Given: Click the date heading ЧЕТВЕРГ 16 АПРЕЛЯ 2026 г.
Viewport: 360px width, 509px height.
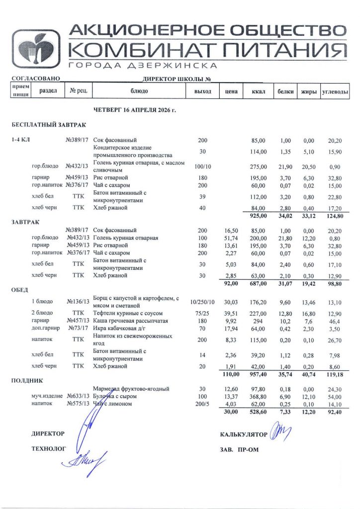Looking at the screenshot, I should [135, 109].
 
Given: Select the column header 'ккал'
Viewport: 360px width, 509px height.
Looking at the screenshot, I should [259, 91].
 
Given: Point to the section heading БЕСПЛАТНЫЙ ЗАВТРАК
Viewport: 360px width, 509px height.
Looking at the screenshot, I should [49, 124].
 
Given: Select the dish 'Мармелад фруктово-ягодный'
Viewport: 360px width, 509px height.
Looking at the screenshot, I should [131, 388].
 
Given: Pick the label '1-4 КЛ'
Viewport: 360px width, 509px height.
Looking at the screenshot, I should [21, 140].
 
